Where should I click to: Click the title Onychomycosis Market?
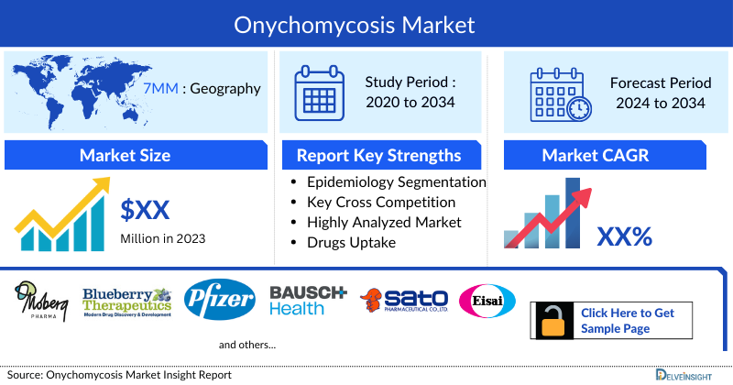(366, 22)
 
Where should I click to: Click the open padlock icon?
(553, 321)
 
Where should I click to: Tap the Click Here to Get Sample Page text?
(627, 321)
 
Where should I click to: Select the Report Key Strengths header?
(378, 156)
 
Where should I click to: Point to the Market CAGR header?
(608, 156)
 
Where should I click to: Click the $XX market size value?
(145, 210)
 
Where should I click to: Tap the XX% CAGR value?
(624, 237)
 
